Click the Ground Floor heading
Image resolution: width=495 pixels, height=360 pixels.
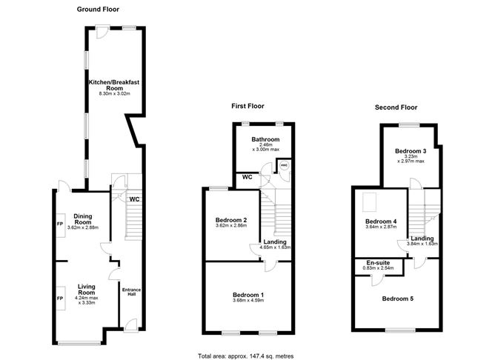pos(100,9)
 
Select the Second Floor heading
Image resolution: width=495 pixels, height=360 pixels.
pos(396,107)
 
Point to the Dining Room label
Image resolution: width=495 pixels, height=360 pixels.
pos(82,219)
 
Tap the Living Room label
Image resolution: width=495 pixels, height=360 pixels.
pos(82,293)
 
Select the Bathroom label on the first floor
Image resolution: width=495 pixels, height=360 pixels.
pos(265,139)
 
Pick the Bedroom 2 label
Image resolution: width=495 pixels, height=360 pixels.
pos(230,220)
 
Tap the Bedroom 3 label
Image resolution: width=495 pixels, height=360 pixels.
pos(410,151)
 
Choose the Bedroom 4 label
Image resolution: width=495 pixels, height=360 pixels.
pos(381,221)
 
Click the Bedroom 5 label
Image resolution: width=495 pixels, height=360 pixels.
pos(397,299)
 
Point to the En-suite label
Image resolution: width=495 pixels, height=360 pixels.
pos(378,263)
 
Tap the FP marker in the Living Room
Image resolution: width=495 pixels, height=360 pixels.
pos(59,298)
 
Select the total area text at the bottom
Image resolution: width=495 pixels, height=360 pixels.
pos(247,356)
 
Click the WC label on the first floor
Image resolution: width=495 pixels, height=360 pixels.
pos(245,178)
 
